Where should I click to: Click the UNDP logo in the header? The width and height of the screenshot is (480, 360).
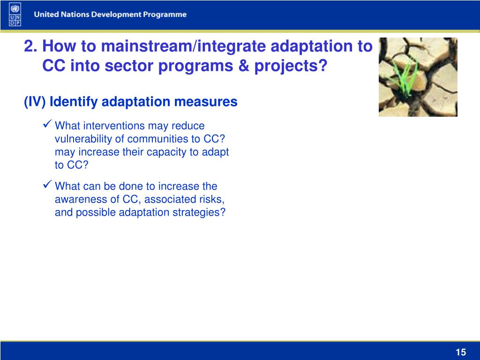[15, 15]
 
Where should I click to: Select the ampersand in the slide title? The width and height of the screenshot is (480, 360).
[243, 66]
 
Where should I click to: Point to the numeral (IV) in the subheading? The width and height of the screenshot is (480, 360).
[35, 102]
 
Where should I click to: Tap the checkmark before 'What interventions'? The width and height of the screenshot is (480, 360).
[47, 124]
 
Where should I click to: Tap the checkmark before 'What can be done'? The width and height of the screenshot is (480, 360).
[47, 184]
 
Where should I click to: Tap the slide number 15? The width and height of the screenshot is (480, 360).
[461, 352]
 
